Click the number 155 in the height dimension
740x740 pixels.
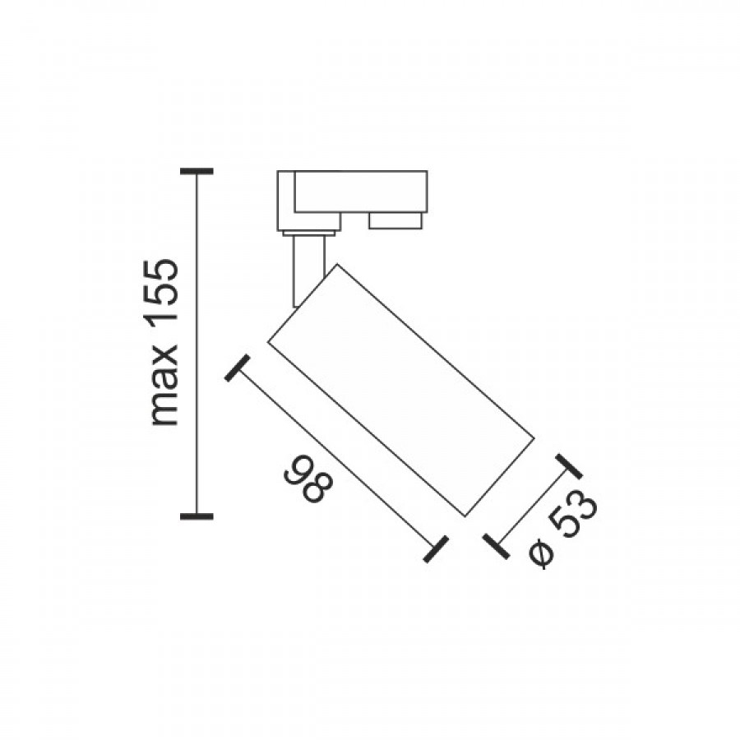[x=164, y=291]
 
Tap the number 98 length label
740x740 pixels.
[x=308, y=479]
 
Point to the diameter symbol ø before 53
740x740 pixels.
[x=540, y=554]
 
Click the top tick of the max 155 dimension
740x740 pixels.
[x=197, y=171]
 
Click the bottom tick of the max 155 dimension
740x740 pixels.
[x=197, y=516]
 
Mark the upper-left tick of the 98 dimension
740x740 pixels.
[x=237, y=368]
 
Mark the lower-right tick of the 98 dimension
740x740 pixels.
[x=435, y=549]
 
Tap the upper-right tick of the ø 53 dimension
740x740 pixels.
[x=569, y=467]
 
